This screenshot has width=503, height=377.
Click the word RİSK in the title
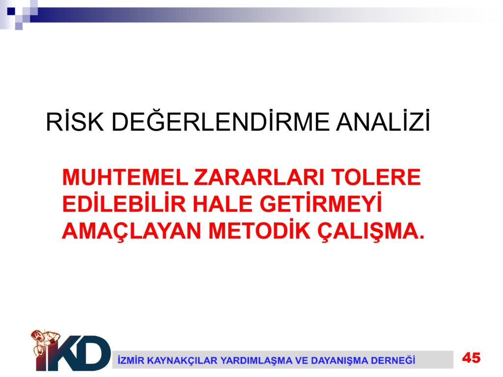pos(75,122)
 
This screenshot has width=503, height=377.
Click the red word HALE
pos(223,204)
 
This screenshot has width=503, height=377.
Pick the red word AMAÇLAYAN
pos(132,232)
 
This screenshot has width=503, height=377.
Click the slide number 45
pos(471,357)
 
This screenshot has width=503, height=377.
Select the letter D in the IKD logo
pos(94,353)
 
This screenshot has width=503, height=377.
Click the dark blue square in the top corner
pos(11,11)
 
